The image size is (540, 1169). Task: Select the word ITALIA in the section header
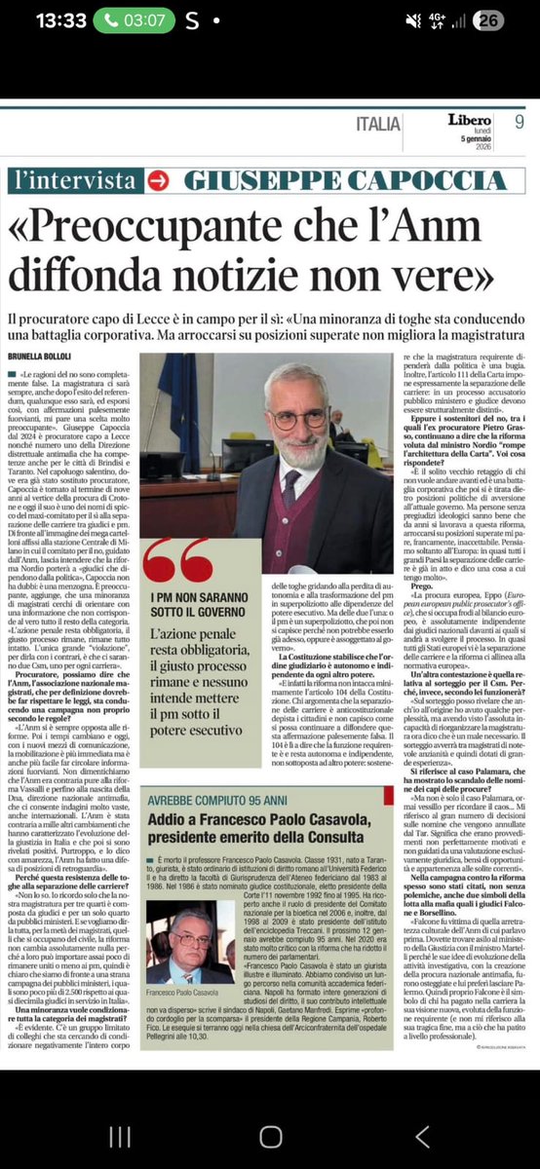pos(377,124)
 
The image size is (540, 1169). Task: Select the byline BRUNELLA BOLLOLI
pos(47,358)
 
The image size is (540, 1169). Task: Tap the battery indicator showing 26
pos(516,20)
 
